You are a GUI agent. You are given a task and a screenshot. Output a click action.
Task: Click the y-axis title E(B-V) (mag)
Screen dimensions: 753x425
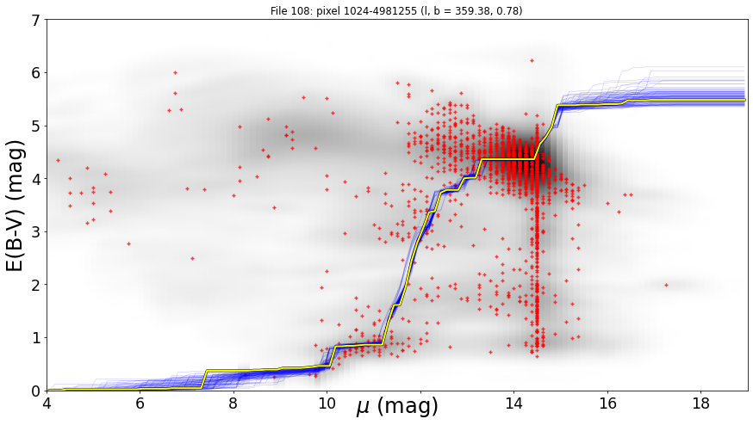click(x=16, y=206)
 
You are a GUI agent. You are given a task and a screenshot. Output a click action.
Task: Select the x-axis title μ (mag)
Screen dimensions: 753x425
click(x=397, y=406)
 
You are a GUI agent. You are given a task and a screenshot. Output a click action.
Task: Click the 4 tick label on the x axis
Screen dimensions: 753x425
click(x=47, y=403)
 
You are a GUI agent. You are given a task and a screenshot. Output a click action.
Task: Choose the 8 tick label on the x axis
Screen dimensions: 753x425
click(x=233, y=403)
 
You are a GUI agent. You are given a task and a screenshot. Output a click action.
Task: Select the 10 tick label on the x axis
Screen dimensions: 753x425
click(x=327, y=403)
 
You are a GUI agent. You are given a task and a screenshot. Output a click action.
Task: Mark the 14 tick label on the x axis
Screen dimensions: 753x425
click(x=513, y=403)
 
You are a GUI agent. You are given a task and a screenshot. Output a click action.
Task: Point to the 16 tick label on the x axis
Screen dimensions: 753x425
click(x=607, y=403)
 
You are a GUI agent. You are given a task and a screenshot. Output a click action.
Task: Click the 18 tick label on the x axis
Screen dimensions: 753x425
click(x=701, y=403)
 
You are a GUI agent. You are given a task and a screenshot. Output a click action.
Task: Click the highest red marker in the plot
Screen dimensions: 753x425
click(x=532, y=60)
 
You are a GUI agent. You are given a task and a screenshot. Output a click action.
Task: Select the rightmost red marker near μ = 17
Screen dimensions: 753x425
click(x=667, y=285)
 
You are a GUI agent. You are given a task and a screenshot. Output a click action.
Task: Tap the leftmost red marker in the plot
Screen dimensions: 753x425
click(x=58, y=160)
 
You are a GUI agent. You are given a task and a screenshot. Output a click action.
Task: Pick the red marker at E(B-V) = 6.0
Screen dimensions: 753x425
click(x=175, y=72)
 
